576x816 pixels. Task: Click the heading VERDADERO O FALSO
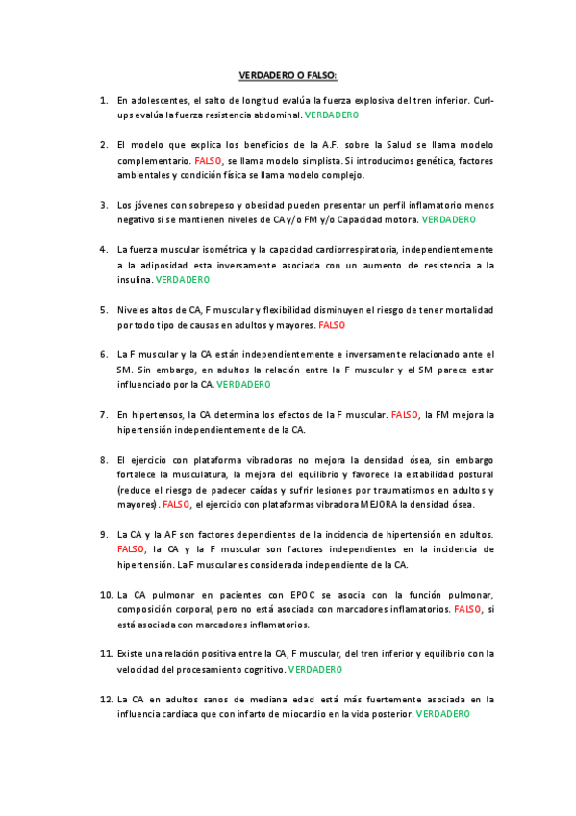point(288,74)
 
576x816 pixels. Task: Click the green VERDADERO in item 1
point(332,115)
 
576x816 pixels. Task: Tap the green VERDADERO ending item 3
point(449,219)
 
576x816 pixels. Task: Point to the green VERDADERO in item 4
point(182,279)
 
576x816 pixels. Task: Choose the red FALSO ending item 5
point(331,325)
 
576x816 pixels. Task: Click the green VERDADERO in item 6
point(243,384)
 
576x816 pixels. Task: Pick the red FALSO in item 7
point(405,415)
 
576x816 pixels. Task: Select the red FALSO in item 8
point(176,504)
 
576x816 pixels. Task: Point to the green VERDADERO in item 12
point(442,714)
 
